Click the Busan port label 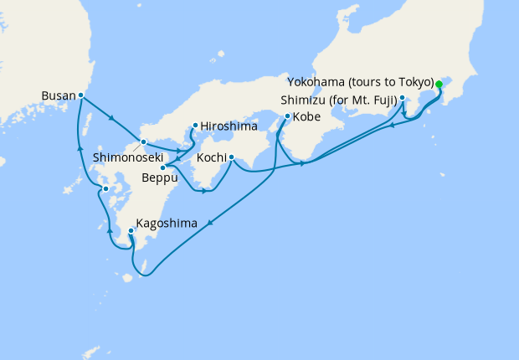[x=57, y=96]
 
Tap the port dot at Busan [x=80, y=95]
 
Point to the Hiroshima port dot [x=195, y=126]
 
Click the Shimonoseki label [x=126, y=157]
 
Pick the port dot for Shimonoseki [x=143, y=141]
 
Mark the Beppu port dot [x=162, y=167]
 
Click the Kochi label [x=211, y=158]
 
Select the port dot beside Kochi [x=231, y=157]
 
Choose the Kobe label [x=307, y=116]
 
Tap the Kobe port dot [x=287, y=116]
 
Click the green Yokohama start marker [x=439, y=84]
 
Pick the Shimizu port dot [x=403, y=99]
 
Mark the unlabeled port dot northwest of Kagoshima [x=105, y=189]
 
